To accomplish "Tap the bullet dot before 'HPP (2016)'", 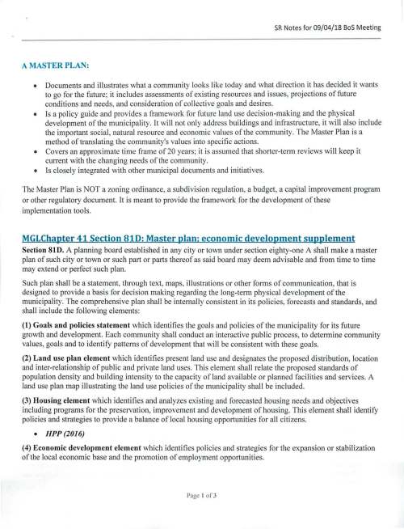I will point(35,430).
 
